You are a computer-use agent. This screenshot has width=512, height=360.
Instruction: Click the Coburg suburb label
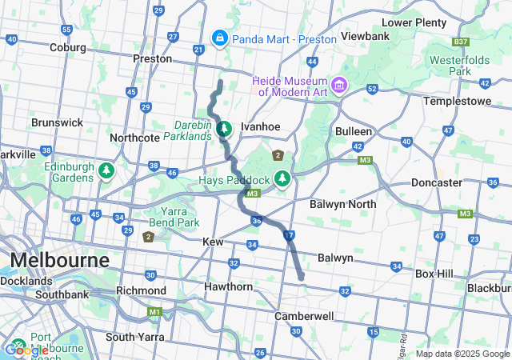pyautogui.click(x=67, y=47)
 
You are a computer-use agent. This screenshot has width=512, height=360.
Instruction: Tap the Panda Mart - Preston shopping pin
pyautogui.click(x=218, y=38)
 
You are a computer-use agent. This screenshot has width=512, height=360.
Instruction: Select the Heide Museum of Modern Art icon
pyautogui.click(x=339, y=84)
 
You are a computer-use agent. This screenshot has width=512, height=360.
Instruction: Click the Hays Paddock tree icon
pyautogui.click(x=282, y=178)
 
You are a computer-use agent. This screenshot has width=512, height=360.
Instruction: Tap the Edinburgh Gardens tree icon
pyautogui.click(x=106, y=170)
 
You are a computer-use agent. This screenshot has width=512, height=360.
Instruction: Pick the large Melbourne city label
pyautogui.click(x=59, y=261)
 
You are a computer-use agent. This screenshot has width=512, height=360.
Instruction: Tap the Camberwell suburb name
pyautogui.click(x=303, y=316)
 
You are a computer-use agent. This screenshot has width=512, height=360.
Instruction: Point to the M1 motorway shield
pyautogui.click(x=154, y=311)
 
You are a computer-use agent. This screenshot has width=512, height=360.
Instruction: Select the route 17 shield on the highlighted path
pyautogui.click(x=289, y=235)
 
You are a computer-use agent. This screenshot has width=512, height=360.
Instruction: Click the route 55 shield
pyautogui.click(x=66, y=30)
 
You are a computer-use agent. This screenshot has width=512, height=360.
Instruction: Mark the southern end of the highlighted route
pyautogui.click(x=302, y=278)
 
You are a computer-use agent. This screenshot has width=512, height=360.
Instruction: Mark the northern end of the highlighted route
pyautogui.click(x=220, y=82)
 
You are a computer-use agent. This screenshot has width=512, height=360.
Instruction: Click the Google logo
pyautogui.click(x=26, y=350)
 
